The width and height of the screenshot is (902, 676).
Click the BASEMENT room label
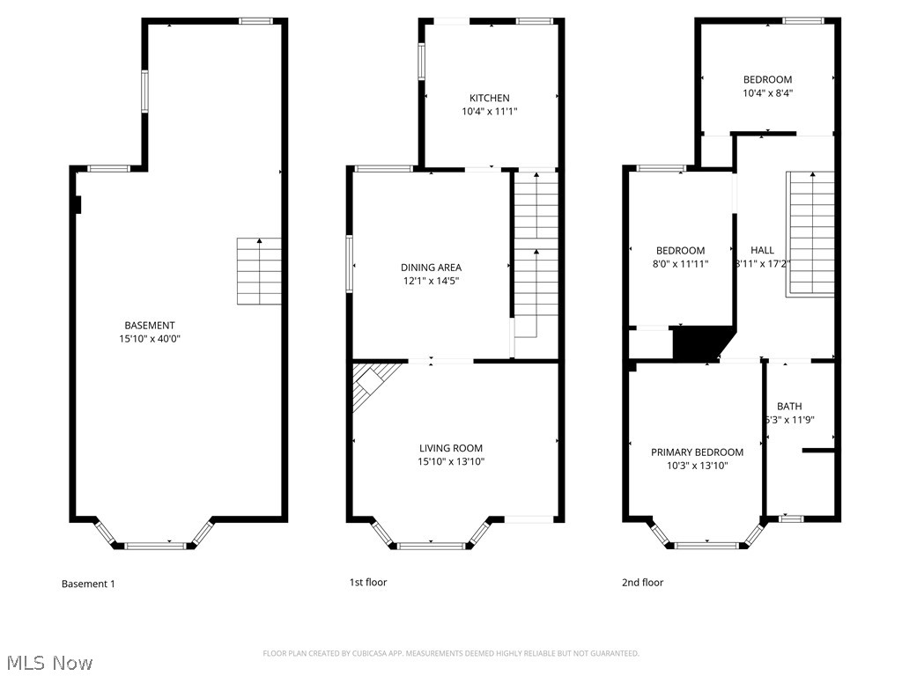point(149,326)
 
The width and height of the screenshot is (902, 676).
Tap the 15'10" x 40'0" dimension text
point(149,339)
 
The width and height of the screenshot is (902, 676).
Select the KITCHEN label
point(489,98)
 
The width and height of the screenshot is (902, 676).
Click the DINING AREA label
point(431,268)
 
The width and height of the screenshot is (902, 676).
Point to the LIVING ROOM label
point(451,448)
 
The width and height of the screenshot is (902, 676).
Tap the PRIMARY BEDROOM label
point(697,452)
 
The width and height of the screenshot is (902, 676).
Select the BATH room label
point(789,407)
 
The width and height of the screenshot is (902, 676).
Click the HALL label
point(763,250)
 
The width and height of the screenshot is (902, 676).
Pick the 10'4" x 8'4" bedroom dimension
point(767,92)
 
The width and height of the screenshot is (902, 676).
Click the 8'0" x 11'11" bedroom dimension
point(680,263)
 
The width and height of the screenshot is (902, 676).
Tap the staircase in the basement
point(260,271)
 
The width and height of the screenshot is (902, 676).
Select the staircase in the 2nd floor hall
point(810,233)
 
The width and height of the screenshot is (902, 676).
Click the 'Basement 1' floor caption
point(88,584)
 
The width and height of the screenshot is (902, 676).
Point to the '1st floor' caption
point(368,583)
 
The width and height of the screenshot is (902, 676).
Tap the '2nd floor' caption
point(642,583)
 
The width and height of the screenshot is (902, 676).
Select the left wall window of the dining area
point(350,263)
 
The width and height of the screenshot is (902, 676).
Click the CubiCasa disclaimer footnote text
point(451,653)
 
